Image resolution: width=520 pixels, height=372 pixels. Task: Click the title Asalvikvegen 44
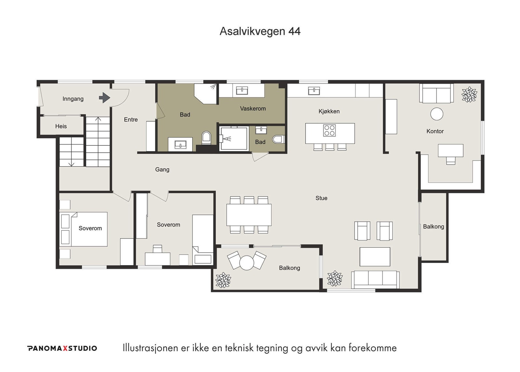[x=260, y=31]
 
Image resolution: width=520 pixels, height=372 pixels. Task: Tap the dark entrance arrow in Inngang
[x=104, y=98]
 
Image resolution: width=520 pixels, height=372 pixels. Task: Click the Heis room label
[x=61, y=126]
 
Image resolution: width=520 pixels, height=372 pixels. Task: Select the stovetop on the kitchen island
[x=329, y=131]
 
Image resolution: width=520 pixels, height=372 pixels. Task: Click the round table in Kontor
[x=436, y=114]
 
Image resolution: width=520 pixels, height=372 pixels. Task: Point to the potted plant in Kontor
[x=469, y=95]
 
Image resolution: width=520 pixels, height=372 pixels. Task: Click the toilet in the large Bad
[x=206, y=138]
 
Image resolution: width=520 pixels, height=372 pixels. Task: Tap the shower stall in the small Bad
[x=233, y=138]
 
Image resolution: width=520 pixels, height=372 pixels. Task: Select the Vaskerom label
[x=253, y=109]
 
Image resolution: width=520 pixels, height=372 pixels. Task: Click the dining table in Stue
[x=249, y=215]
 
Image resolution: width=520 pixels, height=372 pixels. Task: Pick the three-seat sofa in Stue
[x=375, y=279]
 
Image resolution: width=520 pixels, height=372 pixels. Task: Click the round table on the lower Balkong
[x=246, y=262]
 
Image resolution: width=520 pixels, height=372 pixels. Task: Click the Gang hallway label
[x=162, y=170]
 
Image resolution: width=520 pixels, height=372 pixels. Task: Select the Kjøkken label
[x=329, y=111]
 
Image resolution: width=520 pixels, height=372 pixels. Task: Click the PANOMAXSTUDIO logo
[x=62, y=348]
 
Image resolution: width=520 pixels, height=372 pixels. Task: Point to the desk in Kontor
[x=450, y=150]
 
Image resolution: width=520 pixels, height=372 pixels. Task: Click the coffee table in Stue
[x=375, y=256]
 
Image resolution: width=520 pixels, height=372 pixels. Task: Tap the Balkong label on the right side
[x=433, y=227]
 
